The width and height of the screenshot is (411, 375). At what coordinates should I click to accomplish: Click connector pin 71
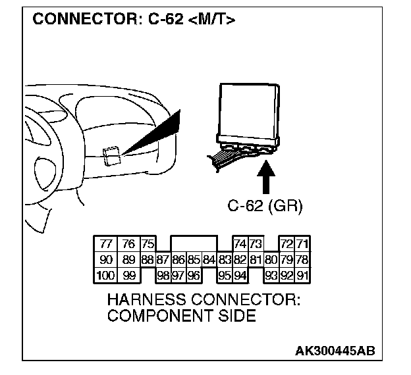pyautogui.click(x=302, y=244)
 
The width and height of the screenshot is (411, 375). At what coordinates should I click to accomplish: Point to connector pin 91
pyautogui.click(x=302, y=273)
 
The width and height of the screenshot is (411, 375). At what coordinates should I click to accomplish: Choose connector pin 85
pyautogui.click(x=194, y=259)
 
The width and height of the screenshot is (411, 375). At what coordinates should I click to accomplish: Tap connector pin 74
pyautogui.click(x=240, y=244)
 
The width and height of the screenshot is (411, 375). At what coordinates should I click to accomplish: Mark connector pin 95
pyautogui.click(x=225, y=273)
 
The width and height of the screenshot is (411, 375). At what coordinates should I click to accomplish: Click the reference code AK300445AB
pyautogui.click(x=336, y=351)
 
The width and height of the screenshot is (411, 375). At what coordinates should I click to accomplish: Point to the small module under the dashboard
pyautogui.click(x=111, y=155)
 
